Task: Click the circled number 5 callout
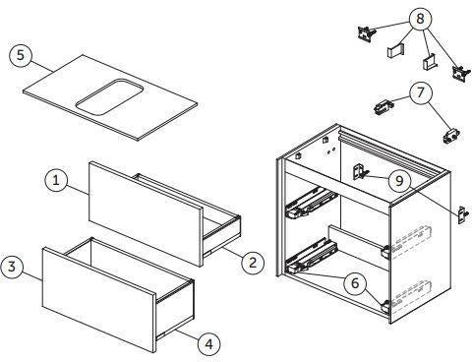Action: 21,55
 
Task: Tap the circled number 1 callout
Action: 56,180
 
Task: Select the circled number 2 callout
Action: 253,263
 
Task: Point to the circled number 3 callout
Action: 12,267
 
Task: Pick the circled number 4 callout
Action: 209,344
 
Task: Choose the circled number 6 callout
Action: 355,283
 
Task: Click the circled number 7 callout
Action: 421,92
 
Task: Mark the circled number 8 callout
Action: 420,19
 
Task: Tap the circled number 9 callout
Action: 399,180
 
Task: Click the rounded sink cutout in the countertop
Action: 109,97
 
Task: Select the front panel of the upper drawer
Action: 146,213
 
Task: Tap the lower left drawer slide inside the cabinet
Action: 311,257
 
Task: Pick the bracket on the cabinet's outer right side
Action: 463,215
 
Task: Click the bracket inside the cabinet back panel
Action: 360,172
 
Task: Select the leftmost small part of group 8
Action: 366,33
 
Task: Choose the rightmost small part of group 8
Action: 460,74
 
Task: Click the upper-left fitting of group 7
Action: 383,107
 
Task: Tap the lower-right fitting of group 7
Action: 451,135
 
